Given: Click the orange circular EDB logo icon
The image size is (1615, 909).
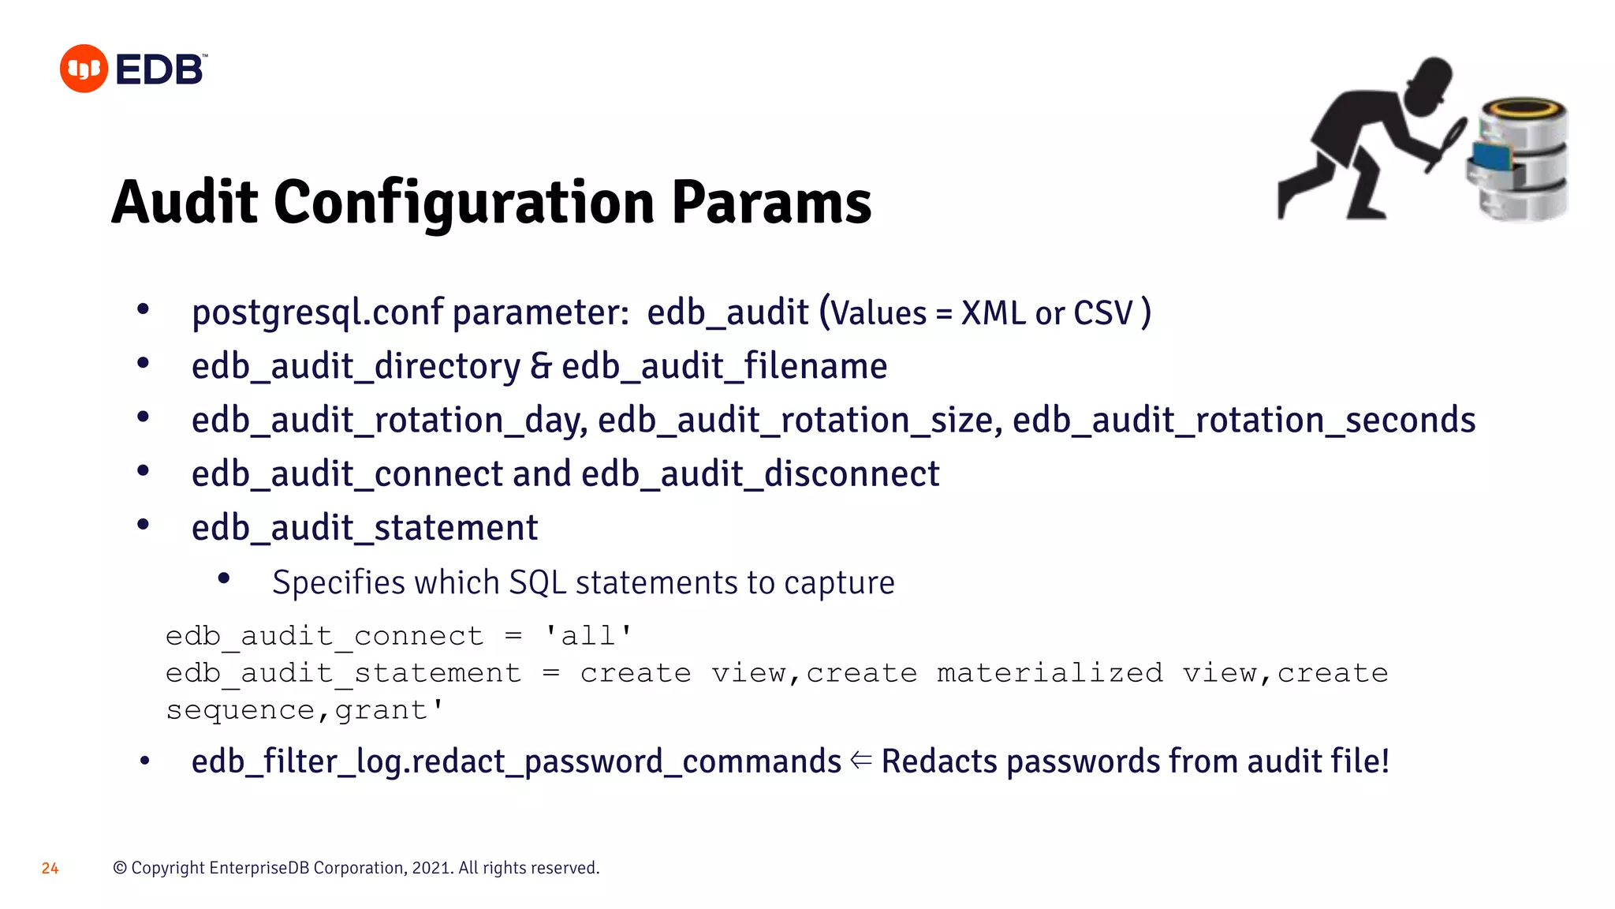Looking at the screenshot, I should (84, 69).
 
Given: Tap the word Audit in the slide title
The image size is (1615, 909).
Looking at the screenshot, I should (185, 203).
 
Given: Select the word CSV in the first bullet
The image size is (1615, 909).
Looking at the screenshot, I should (1102, 313).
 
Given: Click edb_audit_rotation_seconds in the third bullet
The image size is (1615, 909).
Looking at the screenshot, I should (1244, 421).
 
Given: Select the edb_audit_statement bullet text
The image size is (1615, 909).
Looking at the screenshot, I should (364, 528).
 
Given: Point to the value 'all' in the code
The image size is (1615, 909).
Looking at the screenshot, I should (588, 636).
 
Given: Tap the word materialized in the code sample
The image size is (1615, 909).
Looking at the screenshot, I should (1050, 673).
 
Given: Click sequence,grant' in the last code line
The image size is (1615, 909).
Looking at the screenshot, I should (305, 710).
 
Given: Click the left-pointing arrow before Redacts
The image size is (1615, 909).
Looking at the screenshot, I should (861, 761).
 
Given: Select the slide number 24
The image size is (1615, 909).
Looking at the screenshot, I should (50, 868).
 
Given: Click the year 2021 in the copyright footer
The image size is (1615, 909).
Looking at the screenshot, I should (431, 868).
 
